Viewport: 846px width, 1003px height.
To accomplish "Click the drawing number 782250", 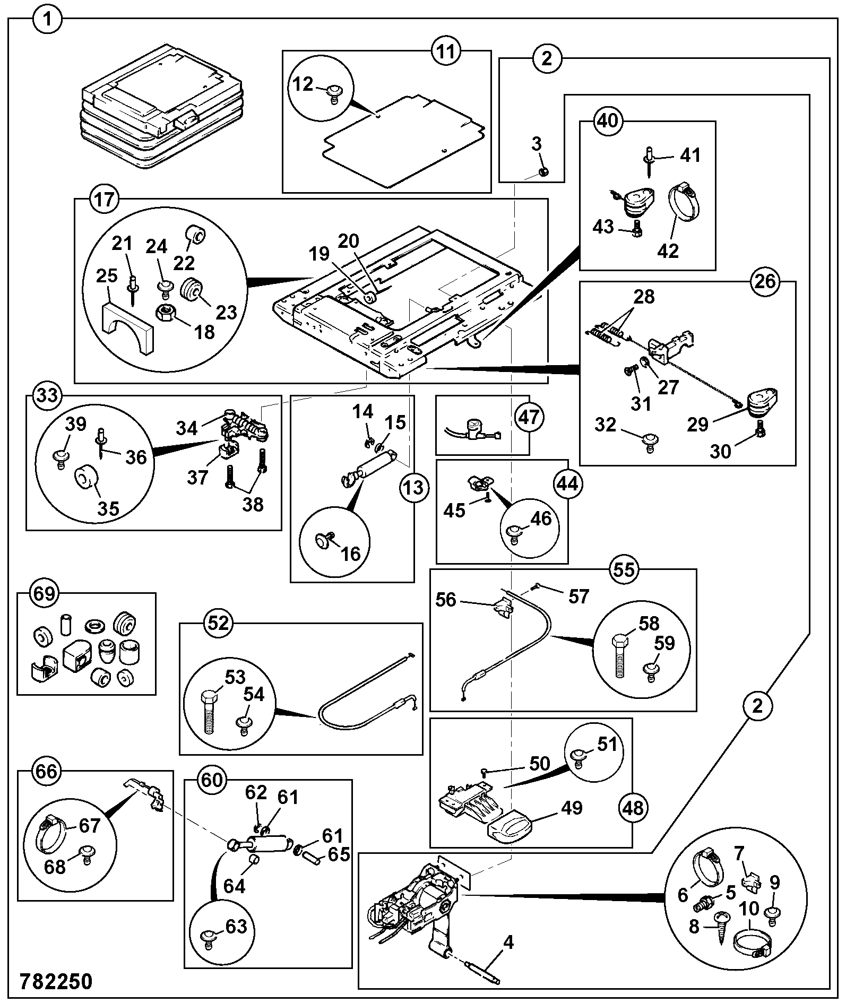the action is coord(56,981).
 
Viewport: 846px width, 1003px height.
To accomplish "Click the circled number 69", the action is coord(44,593).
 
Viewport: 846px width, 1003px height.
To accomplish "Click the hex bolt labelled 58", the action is coord(621,655).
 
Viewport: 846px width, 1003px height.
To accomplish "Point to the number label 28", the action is coord(644,296).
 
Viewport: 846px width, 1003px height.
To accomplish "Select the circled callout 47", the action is coord(529,417).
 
